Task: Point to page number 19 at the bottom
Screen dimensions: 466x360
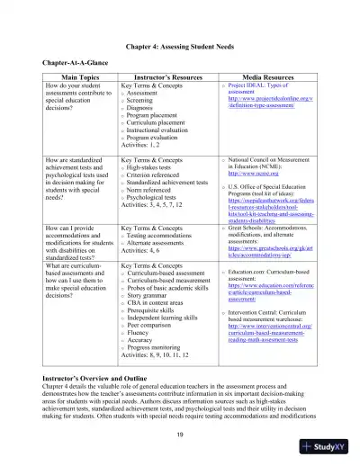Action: [180, 435]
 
